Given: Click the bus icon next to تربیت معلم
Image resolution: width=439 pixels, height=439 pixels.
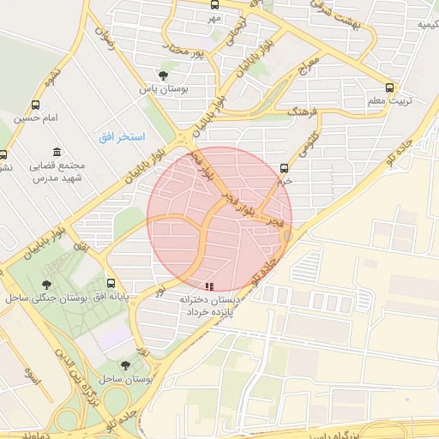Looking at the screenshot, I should click(x=390, y=87).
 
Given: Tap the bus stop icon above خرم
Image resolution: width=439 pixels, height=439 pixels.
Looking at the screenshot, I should click(x=285, y=167).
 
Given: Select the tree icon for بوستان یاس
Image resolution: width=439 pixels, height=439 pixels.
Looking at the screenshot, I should click(x=164, y=75).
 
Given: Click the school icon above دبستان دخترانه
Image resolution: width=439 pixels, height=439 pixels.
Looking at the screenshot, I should click(x=208, y=286).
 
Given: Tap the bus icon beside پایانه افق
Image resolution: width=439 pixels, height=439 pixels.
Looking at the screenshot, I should click(x=111, y=284).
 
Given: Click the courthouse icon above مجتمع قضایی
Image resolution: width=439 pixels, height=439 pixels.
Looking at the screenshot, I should click(x=57, y=152).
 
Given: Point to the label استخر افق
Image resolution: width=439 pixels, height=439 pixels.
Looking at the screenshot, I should click(x=122, y=137).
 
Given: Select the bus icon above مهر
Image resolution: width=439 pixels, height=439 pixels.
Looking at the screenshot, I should click(x=214, y=3).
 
